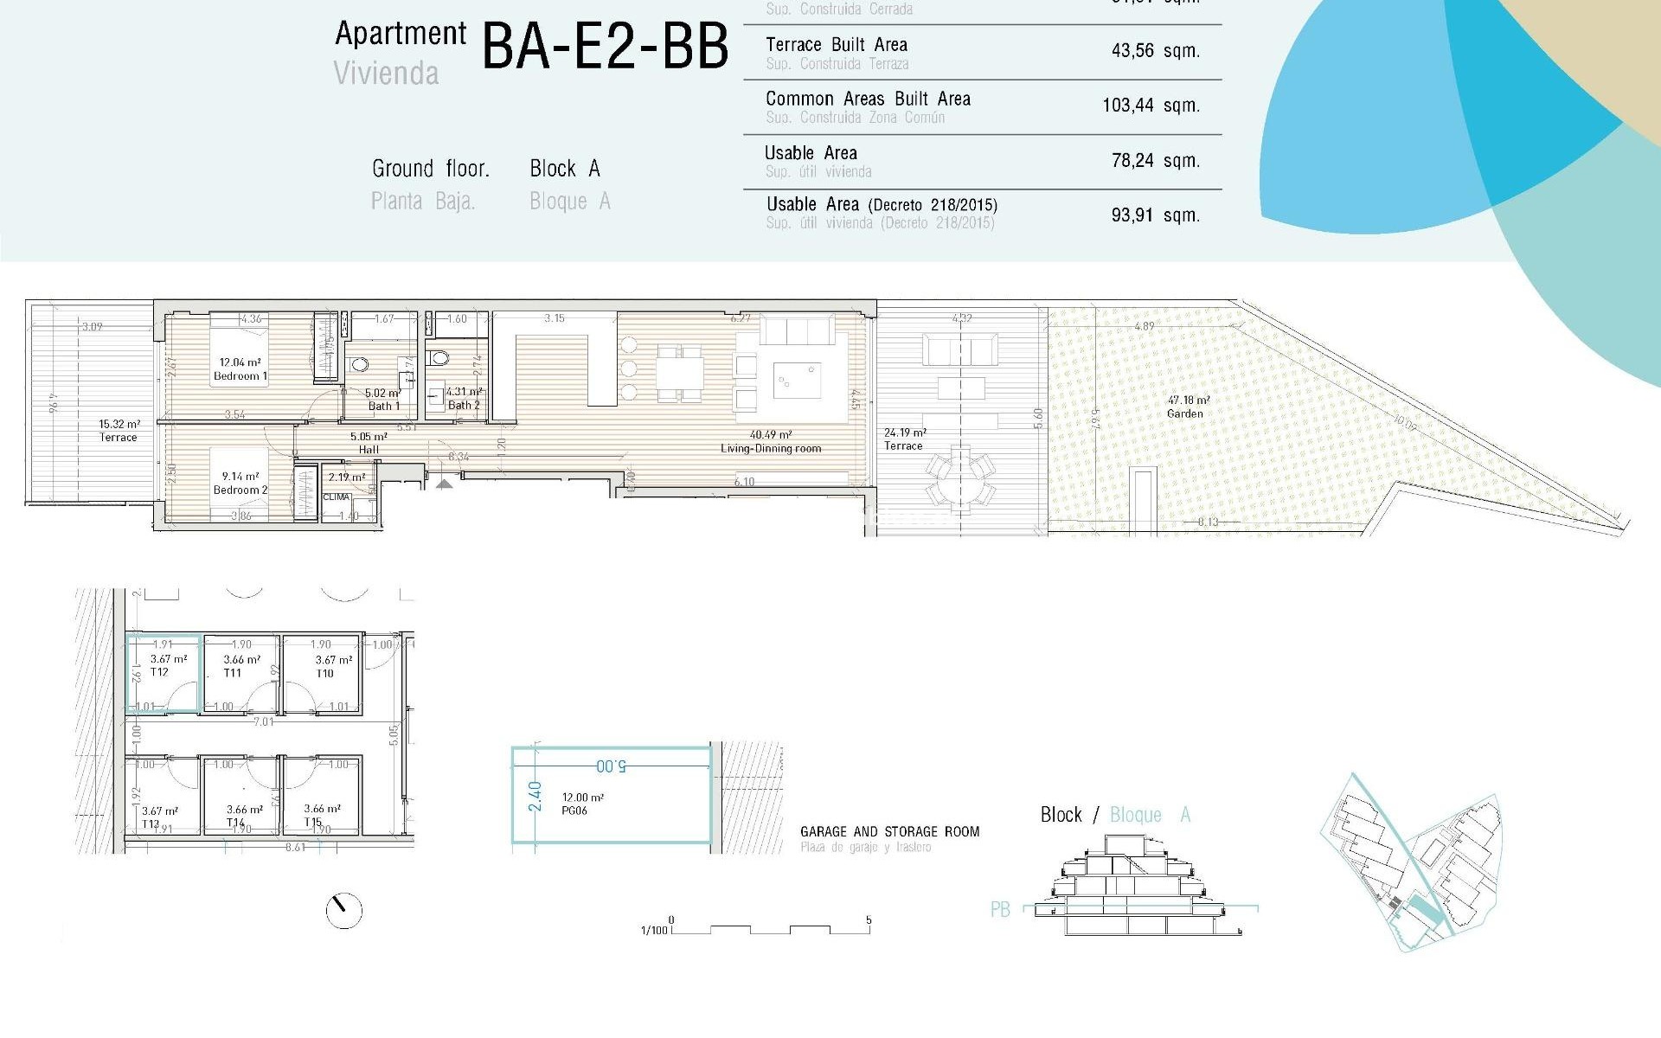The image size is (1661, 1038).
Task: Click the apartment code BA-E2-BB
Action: tap(605, 47)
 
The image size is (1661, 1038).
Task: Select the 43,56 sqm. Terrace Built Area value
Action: tap(1155, 51)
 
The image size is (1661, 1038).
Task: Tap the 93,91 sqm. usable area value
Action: tap(1155, 215)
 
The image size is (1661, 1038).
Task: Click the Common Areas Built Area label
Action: tap(868, 99)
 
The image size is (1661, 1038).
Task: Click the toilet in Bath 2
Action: tap(439, 356)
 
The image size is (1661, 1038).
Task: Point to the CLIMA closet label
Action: tap(336, 497)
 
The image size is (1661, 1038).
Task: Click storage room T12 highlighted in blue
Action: tap(164, 674)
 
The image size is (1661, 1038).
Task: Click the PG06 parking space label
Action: tap(575, 811)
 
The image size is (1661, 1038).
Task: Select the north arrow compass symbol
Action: tap(343, 910)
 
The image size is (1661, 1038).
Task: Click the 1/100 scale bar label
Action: tap(654, 931)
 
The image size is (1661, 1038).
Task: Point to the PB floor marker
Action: tap(1000, 910)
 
